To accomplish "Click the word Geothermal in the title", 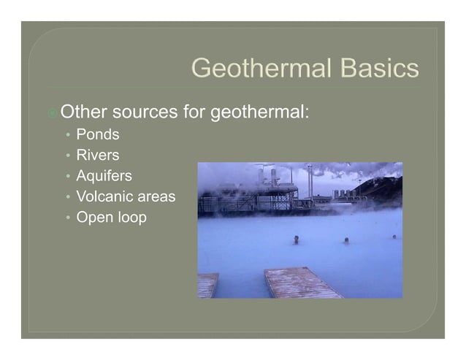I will [x=256, y=69].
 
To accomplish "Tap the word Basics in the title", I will [x=375, y=69].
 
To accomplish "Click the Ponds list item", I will [x=98, y=135].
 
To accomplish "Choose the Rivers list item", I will [x=98, y=156].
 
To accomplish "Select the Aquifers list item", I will [x=104, y=176].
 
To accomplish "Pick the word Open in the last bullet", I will [x=93, y=217].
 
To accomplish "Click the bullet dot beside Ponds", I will [x=68, y=136].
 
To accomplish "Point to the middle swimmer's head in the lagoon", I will [x=345, y=240].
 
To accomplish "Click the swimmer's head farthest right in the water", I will [x=394, y=237].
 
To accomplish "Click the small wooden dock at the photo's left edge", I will [x=207, y=285].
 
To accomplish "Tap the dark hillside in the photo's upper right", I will [x=383, y=186].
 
